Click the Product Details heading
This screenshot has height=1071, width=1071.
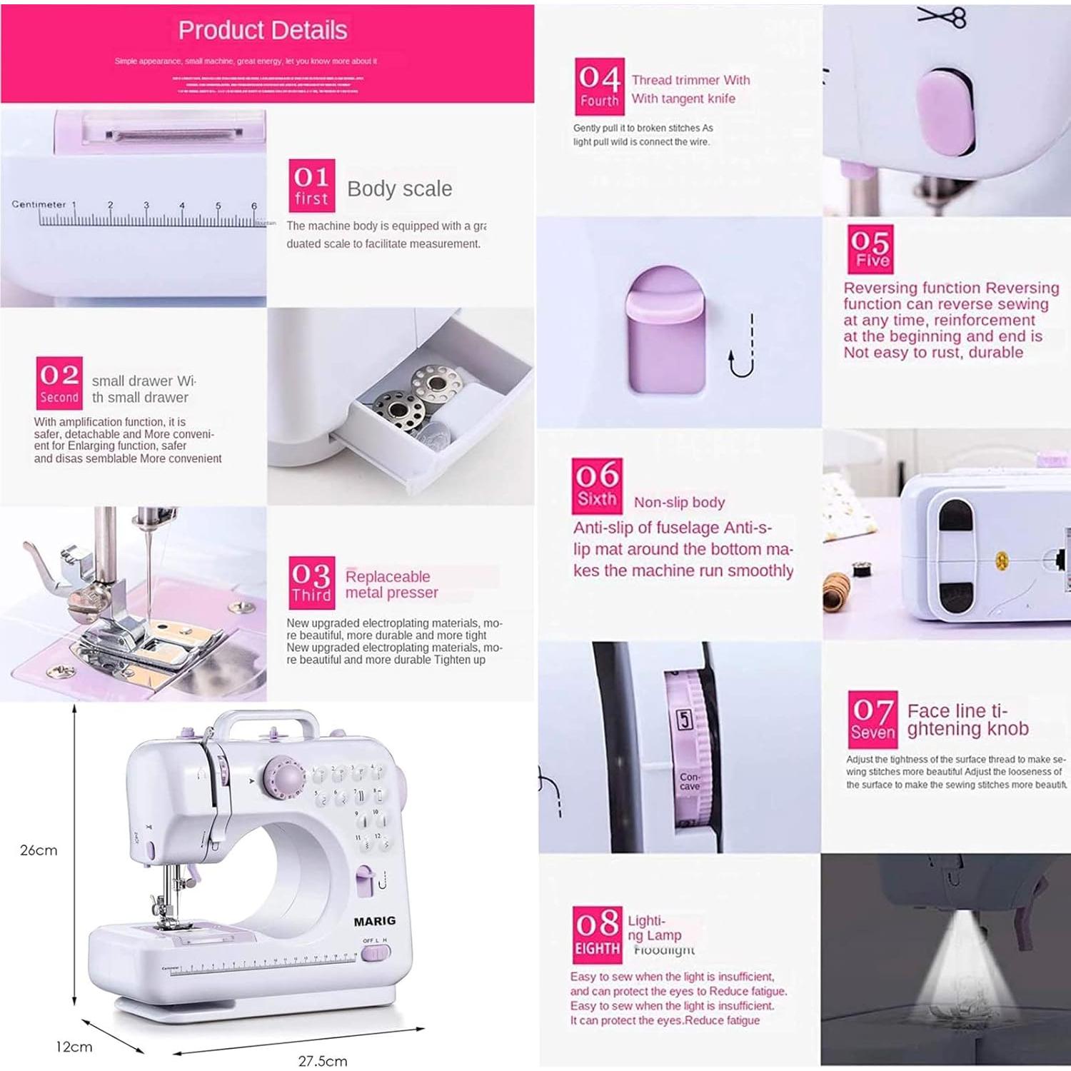(262, 30)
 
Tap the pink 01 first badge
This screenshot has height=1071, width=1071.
(311, 185)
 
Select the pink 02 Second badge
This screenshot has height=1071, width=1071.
(59, 383)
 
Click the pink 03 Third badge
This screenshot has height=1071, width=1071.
(311, 583)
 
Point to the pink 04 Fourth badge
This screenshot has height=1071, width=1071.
(600, 86)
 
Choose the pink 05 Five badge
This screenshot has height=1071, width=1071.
(870, 249)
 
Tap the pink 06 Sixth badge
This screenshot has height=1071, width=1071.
(597, 486)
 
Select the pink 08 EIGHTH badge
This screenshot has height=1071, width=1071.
(597, 933)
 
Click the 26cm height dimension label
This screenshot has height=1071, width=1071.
(39, 850)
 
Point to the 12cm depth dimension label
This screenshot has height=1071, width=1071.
(74, 1047)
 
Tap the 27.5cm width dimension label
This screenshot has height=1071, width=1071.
(323, 1061)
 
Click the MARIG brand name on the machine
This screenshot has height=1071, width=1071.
(374, 921)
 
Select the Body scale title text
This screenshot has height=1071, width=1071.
(399, 188)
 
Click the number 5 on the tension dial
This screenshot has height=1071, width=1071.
(684, 719)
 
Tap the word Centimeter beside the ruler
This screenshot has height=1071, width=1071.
(39, 204)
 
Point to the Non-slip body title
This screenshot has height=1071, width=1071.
(679, 502)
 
